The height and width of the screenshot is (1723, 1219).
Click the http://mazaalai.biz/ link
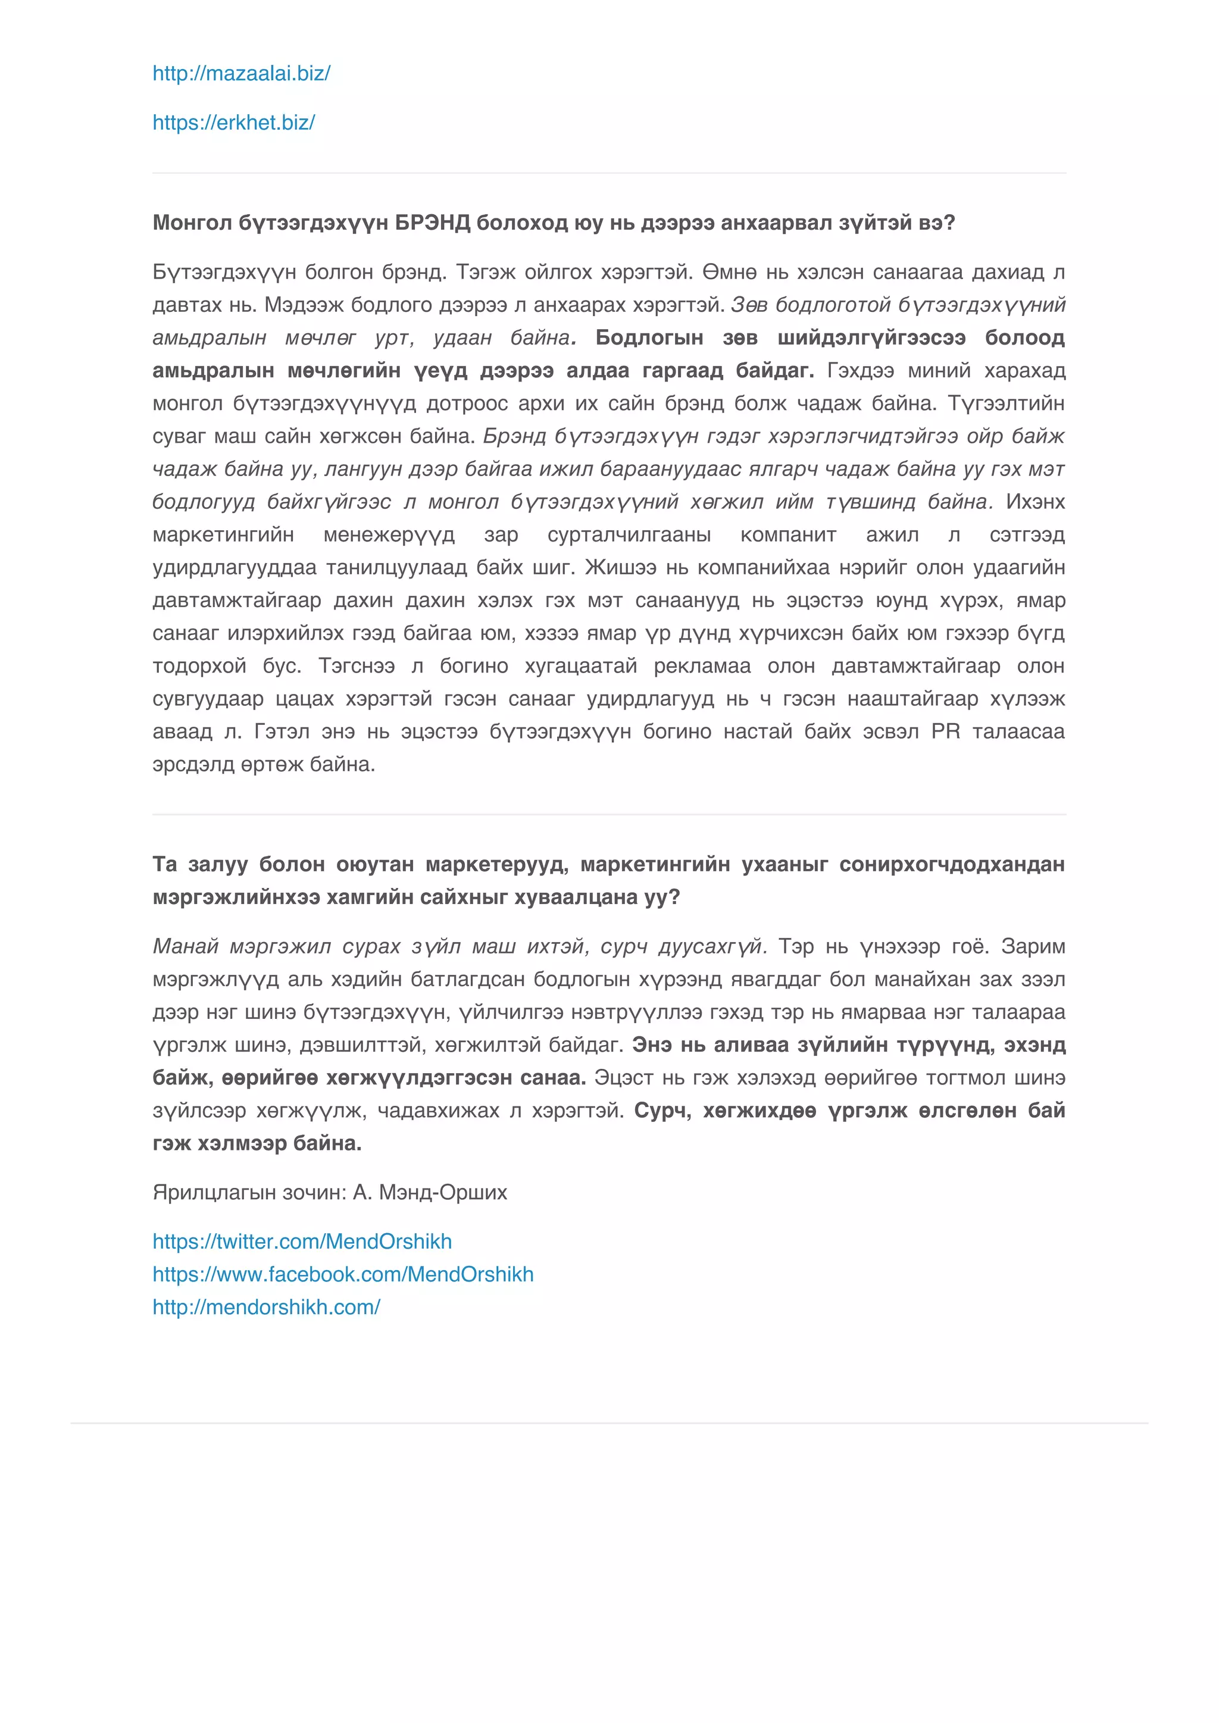[x=241, y=74]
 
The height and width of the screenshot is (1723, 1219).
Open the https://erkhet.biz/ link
[x=233, y=123]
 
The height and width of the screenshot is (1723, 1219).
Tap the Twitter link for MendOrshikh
[x=302, y=1242]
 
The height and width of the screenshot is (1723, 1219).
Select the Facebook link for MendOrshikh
[x=343, y=1274]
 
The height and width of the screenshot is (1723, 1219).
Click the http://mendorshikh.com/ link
[x=267, y=1307]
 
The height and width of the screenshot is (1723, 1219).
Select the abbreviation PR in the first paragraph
[x=945, y=731]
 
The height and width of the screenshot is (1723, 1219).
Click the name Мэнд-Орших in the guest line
[x=443, y=1193]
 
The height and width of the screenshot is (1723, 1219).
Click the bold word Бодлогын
[x=649, y=337]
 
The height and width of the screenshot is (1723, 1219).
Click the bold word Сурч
[x=661, y=1111]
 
